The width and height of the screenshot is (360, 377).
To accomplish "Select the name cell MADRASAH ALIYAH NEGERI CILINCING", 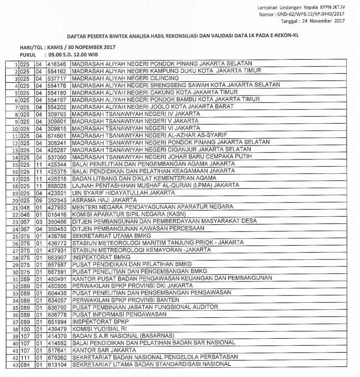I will (x=125, y=78).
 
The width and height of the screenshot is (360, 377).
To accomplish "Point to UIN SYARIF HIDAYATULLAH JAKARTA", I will (x=123, y=193).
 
